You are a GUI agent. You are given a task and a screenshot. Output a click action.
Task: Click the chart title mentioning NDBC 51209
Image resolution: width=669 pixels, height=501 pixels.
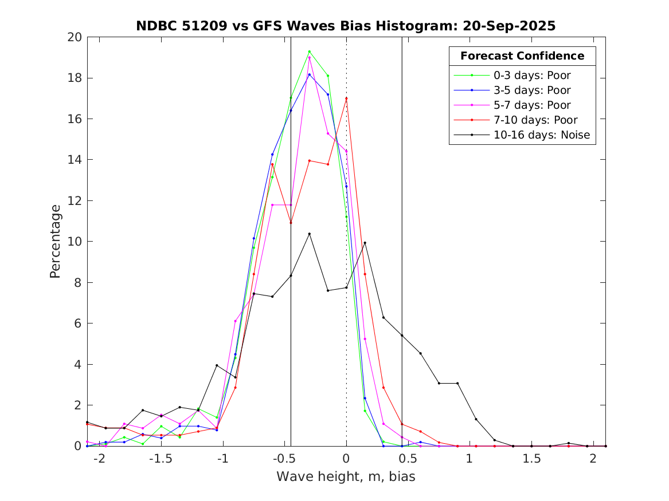click(x=346, y=26)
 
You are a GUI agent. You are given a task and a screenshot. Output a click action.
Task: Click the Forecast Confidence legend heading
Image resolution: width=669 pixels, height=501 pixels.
click(x=522, y=56)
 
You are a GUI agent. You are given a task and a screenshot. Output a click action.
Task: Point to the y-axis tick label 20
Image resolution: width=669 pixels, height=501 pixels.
click(x=75, y=37)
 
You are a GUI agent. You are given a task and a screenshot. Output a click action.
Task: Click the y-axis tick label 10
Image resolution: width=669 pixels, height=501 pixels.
click(x=75, y=242)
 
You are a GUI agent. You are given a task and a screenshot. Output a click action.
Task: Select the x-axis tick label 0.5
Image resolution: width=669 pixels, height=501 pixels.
click(x=408, y=459)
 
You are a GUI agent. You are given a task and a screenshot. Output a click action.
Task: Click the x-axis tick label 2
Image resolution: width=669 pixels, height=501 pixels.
click(x=593, y=459)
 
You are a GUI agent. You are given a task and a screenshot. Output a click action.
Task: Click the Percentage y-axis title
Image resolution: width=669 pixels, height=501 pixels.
click(x=55, y=242)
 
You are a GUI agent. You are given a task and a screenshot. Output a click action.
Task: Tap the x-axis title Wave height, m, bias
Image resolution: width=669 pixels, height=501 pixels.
click(x=346, y=477)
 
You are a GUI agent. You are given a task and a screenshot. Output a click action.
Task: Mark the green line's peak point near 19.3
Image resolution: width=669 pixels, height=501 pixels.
click(x=309, y=52)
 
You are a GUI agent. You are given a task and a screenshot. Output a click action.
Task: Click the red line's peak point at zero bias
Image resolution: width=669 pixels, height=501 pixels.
click(x=346, y=98)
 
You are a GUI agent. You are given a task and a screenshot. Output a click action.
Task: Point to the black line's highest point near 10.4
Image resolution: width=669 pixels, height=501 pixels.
click(x=309, y=234)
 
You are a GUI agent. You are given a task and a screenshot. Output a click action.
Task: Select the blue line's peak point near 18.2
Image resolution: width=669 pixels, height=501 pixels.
click(x=309, y=74)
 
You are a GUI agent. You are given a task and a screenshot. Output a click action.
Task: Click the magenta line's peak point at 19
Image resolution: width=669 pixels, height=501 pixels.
click(x=309, y=57)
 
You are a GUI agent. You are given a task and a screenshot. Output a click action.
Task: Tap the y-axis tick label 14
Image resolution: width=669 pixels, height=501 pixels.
click(x=75, y=160)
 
